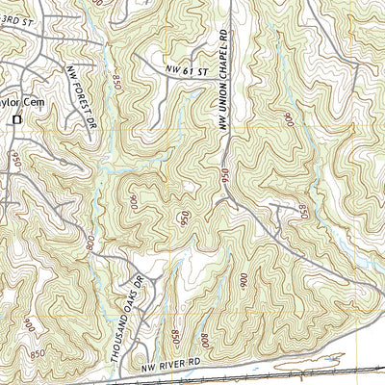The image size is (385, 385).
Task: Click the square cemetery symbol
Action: click(16, 119)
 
